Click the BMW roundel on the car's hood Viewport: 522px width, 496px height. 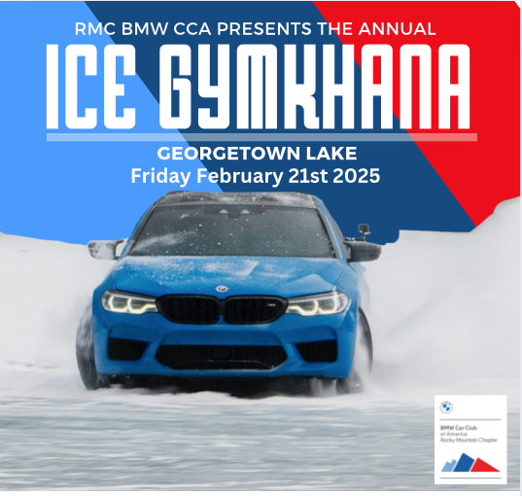(222, 289)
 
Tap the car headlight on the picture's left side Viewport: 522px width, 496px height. (130, 302)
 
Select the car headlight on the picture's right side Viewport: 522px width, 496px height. (317, 303)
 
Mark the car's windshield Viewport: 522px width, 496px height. (232, 229)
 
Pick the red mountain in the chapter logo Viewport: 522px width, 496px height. (486, 464)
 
